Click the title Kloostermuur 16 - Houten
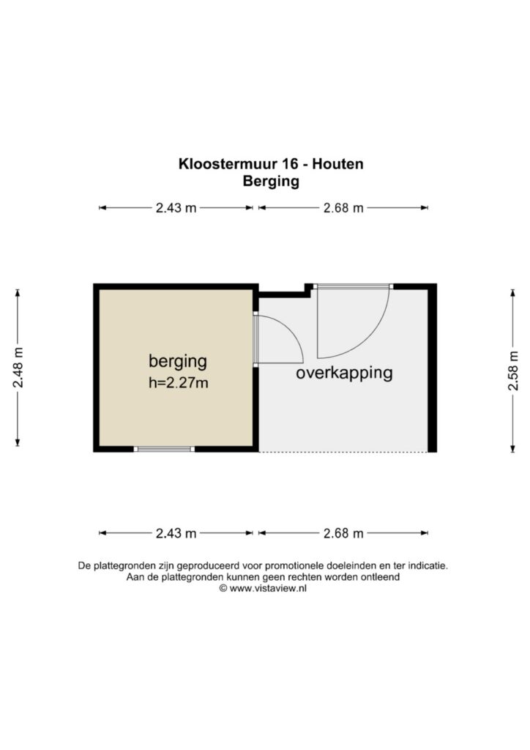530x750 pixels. (x=271, y=163)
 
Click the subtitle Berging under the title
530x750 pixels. (x=271, y=182)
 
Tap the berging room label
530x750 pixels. (x=178, y=361)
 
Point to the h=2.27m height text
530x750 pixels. (x=179, y=382)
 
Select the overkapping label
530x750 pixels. (x=344, y=373)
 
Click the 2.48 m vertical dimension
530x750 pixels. (x=18, y=368)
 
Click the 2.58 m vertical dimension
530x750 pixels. (x=512, y=371)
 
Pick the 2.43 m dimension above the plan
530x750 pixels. (x=176, y=207)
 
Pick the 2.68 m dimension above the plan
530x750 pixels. (x=343, y=207)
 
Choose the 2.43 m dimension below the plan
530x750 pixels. (x=176, y=533)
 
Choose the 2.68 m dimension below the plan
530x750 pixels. (x=343, y=533)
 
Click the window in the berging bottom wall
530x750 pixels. (x=164, y=449)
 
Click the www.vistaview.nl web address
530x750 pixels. (x=268, y=589)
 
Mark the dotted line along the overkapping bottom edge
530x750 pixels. (x=343, y=451)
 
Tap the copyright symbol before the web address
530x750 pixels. (x=223, y=589)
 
